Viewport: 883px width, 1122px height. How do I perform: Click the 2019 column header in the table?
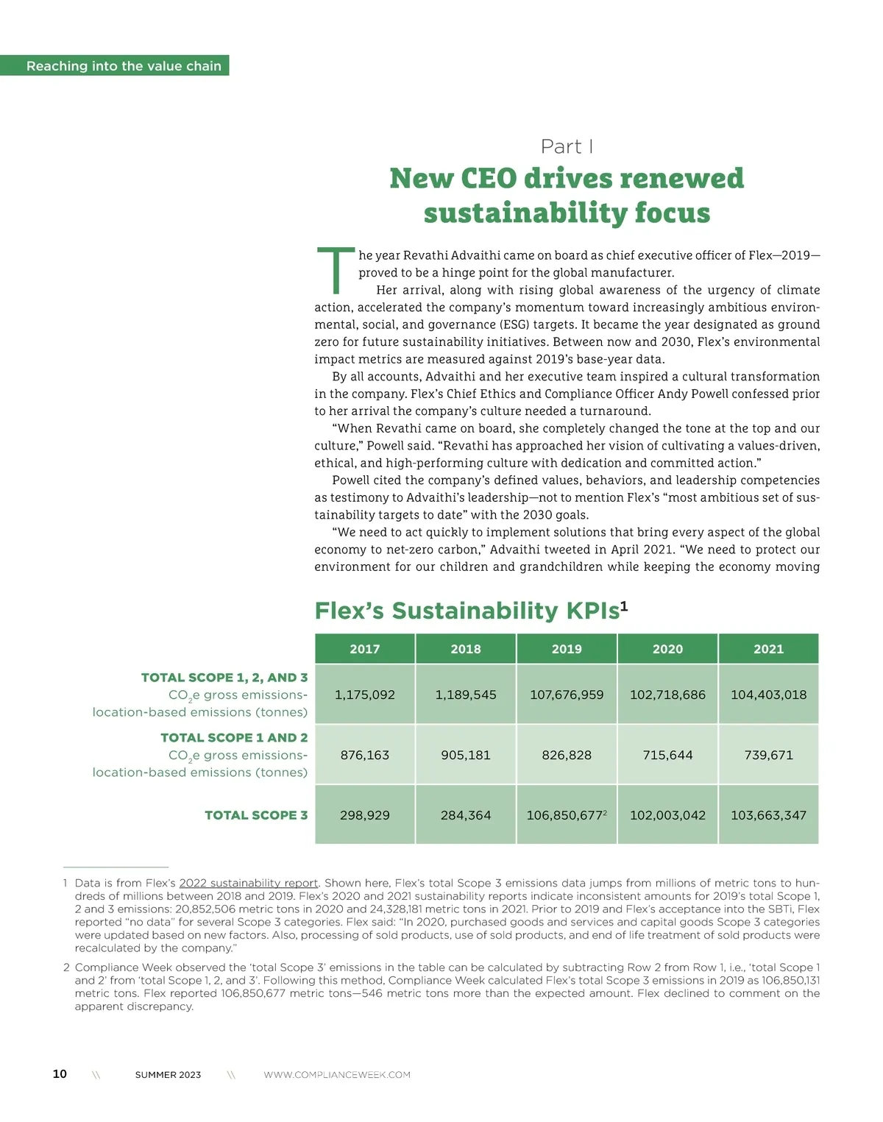pos(567,649)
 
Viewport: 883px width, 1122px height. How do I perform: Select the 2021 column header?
pos(768,649)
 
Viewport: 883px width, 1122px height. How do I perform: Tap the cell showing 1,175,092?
pos(365,695)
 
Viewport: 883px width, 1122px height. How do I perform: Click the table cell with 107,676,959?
pos(567,695)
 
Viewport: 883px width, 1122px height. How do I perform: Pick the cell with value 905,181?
pos(466,755)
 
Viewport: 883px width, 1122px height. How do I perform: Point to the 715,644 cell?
pos(667,755)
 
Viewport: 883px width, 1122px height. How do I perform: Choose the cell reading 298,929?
pos(365,815)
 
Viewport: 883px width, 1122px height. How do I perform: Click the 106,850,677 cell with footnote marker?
pos(567,815)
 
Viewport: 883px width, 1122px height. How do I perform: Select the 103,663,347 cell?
pos(768,815)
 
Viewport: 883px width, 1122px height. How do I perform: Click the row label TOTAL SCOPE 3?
pos(256,815)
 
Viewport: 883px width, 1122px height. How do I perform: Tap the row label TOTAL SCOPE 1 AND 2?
pos(234,737)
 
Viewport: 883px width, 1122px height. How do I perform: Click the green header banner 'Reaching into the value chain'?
pos(124,65)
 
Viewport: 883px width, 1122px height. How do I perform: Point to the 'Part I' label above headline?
pos(567,146)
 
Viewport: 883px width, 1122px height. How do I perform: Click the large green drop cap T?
pos(336,271)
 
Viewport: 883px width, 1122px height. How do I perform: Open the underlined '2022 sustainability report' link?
pos(249,883)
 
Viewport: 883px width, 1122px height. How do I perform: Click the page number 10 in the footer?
pos(60,1074)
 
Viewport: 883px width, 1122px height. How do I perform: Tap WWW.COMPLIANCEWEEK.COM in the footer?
pos(337,1075)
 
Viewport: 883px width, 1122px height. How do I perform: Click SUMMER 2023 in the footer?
pos(168,1075)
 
